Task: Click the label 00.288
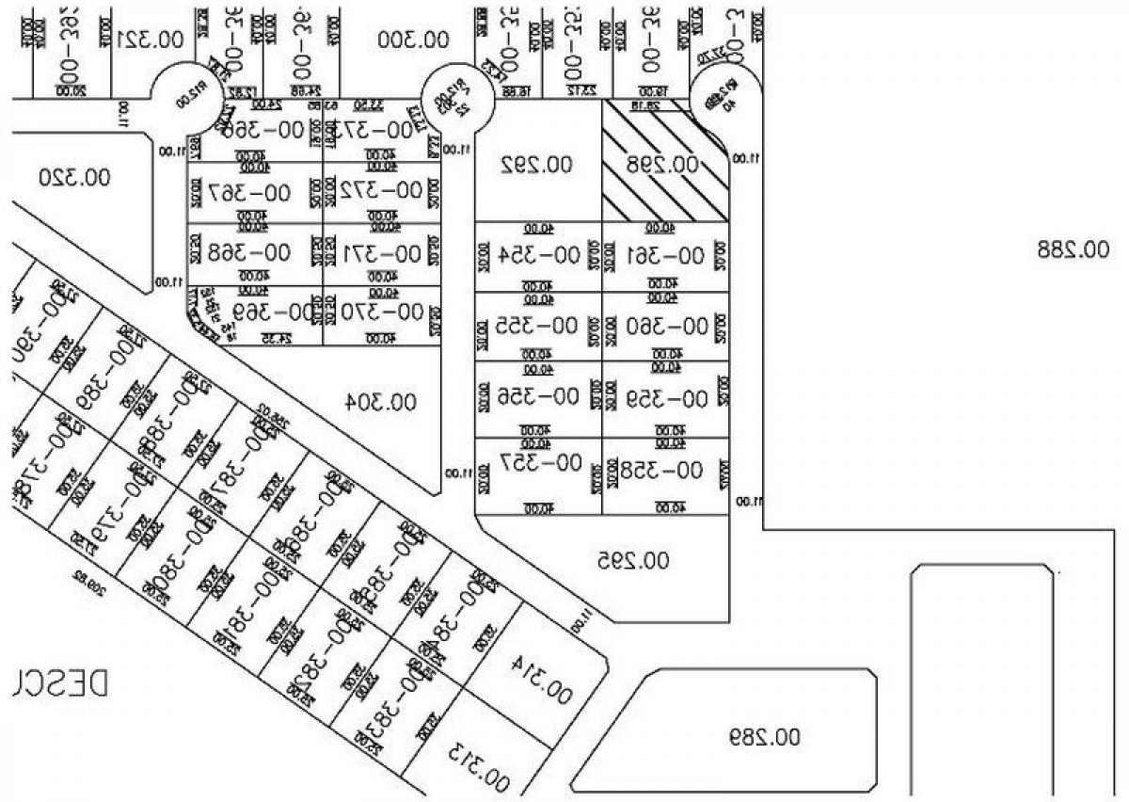pos(1073,249)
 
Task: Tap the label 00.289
pos(763,736)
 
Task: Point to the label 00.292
pos(536,166)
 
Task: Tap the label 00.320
pos(76,176)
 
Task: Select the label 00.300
pos(413,40)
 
